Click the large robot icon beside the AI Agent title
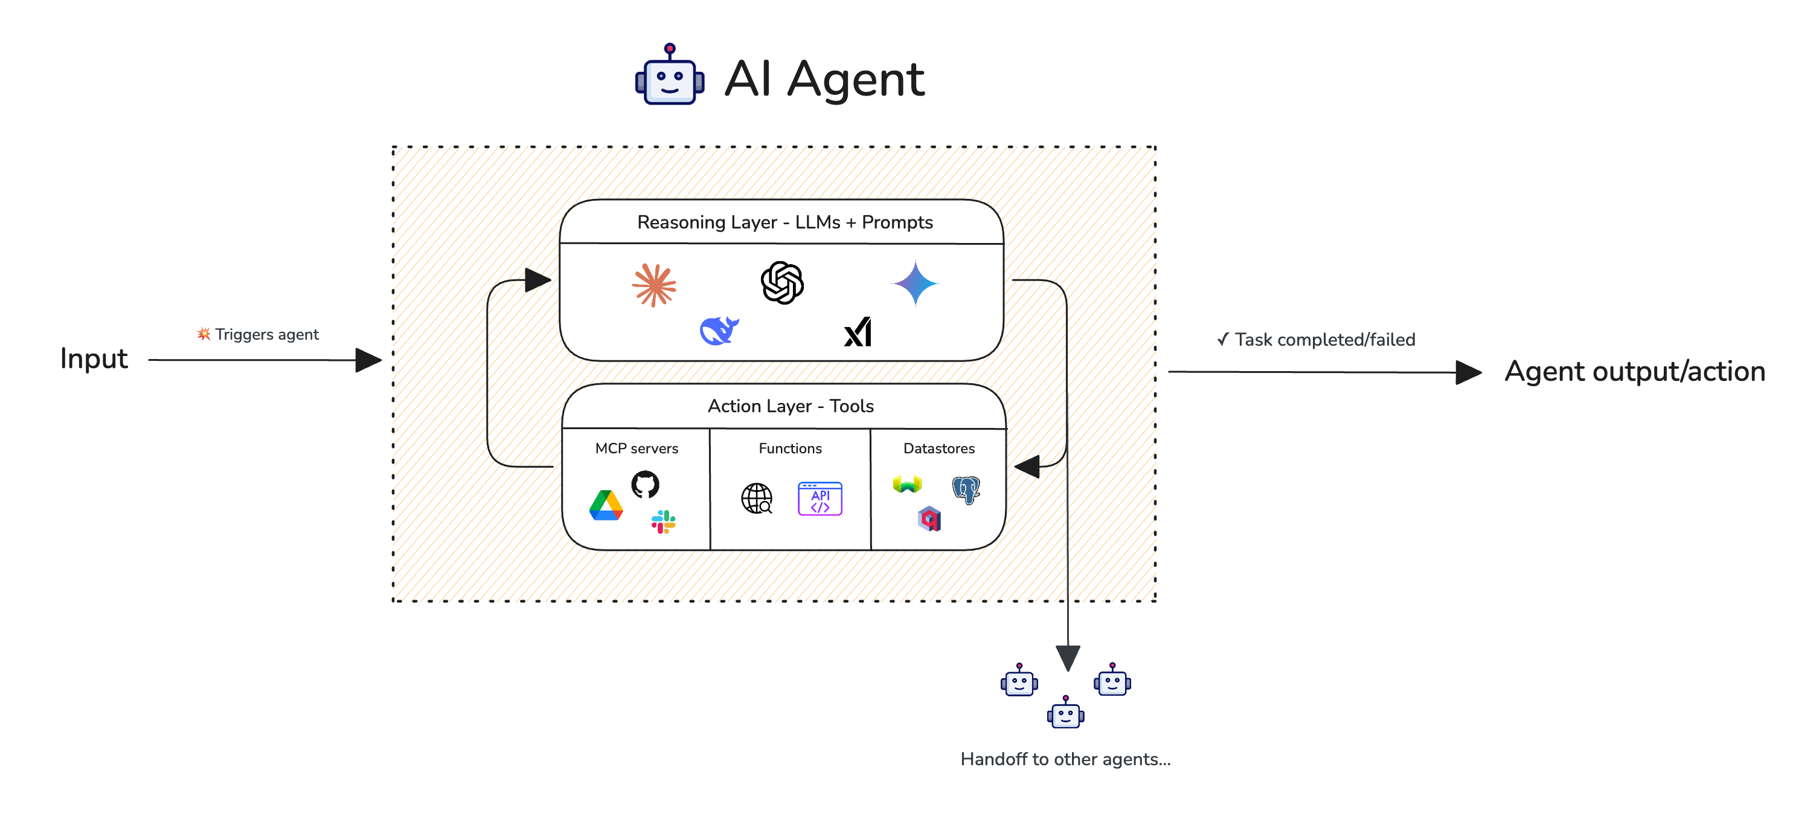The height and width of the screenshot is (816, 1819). tap(669, 76)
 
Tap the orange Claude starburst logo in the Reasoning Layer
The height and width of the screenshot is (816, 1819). tap(654, 285)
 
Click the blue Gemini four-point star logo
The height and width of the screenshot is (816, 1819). tap(915, 283)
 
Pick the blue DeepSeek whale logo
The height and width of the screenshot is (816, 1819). tap(719, 330)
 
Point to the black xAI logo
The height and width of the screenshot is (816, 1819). tap(858, 332)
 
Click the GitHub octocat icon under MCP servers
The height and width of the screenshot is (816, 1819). tap(645, 485)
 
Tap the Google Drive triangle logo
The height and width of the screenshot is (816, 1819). tap(606, 506)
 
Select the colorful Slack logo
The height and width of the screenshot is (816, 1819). tap(663, 522)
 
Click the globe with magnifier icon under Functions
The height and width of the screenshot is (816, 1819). tap(756, 499)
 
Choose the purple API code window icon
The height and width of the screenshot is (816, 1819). tap(820, 499)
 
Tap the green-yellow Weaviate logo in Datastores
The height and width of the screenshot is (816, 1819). tap(907, 484)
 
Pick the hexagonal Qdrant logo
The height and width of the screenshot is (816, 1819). tap(929, 519)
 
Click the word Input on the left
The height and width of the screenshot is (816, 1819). tap(94, 359)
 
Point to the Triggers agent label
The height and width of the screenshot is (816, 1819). tap(258, 334)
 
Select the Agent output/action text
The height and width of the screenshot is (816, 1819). tap(1634, 372)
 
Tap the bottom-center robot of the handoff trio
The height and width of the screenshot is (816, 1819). tap(1065, 714)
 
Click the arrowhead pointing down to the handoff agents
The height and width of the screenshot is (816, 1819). tap(1068, 657)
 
